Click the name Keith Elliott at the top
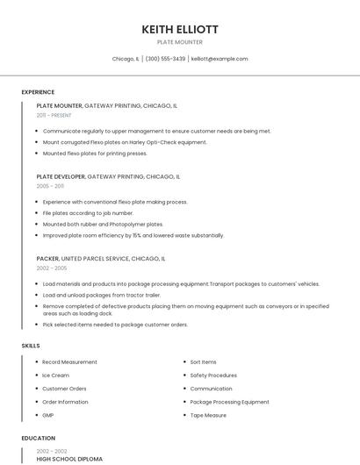[180, 29]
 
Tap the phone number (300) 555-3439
[165, 59]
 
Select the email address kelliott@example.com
[220, 59]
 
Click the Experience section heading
[38, 92]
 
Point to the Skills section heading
[31, 346]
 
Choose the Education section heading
[38, 438]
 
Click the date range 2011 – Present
[54, 115]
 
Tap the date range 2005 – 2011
[50, 186]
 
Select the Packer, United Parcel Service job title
[100, 259]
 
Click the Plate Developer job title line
[108, 176]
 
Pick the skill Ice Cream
[55, 376]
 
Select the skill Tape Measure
[208, 415]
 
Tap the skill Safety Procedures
[213, 376]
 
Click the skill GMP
[48, 415]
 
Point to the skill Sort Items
[203, 361]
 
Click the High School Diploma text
[69, 459]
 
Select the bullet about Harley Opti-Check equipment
[125, 142]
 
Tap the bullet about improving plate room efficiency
[133, 235]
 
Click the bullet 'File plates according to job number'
[88, 213]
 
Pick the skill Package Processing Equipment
[229, 402]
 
